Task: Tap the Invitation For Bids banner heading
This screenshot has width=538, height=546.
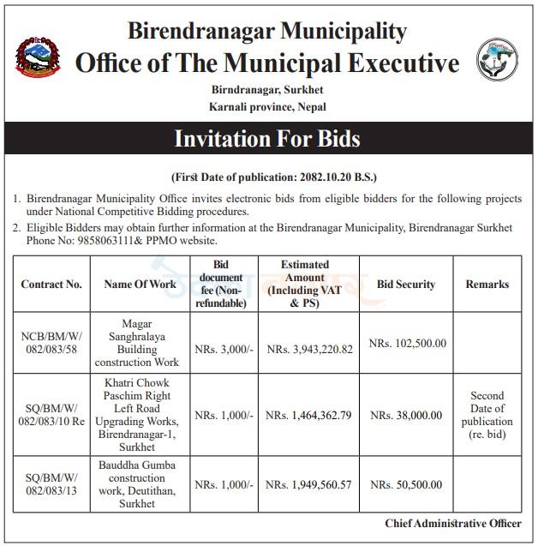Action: tap(267, 139)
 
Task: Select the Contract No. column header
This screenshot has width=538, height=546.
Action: tap(51, 285)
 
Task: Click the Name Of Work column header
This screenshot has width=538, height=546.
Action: tap(140, 285)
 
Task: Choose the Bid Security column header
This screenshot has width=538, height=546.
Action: tap(406, 285)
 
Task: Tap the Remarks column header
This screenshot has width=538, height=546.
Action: tap(487, 285)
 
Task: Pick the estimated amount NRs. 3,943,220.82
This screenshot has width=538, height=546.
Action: tap(309, 350)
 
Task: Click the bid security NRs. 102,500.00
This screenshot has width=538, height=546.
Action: tap(407, 343)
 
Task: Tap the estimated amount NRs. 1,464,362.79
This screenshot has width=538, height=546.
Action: tap(309, 416)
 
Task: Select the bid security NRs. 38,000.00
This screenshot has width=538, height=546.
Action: tap(407, 416)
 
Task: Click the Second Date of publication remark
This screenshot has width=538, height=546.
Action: tap(487, 416)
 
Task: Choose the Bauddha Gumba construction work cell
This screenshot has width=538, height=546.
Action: tap(140, 485)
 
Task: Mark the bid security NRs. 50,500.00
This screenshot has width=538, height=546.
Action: tap(407, 485)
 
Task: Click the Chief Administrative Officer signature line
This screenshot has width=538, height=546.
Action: tap(452, 524)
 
